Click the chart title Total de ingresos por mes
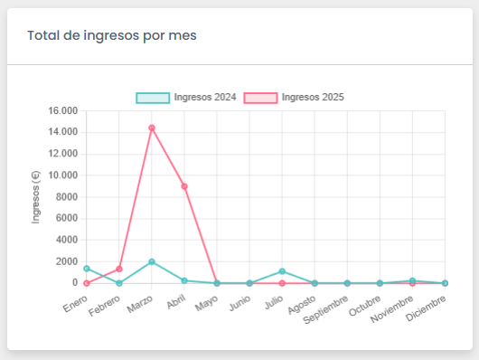pyautogui.click(x=112, y=35)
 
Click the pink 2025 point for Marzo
pyautogui.click(x=152, y=128)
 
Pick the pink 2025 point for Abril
pyautogui.click(x=184, y=186)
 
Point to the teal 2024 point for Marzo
pyautogui.click(x=152, y=261)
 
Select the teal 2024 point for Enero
pyautogui.click(x=87, y=269)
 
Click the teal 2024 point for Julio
pyautogui.click(x=282, y=271)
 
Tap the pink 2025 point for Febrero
pyautogui.click(x=119, y=269)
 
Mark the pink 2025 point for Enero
pyautogui.click(x=87, y=283)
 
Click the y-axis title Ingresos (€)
pyautogui.click(x=36, y=196)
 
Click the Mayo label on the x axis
pyautogui.click(x=207, y=299)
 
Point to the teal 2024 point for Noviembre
pyautogui.click(x=412, y=280)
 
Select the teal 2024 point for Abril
pyautogui.click(x=184, y=280)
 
